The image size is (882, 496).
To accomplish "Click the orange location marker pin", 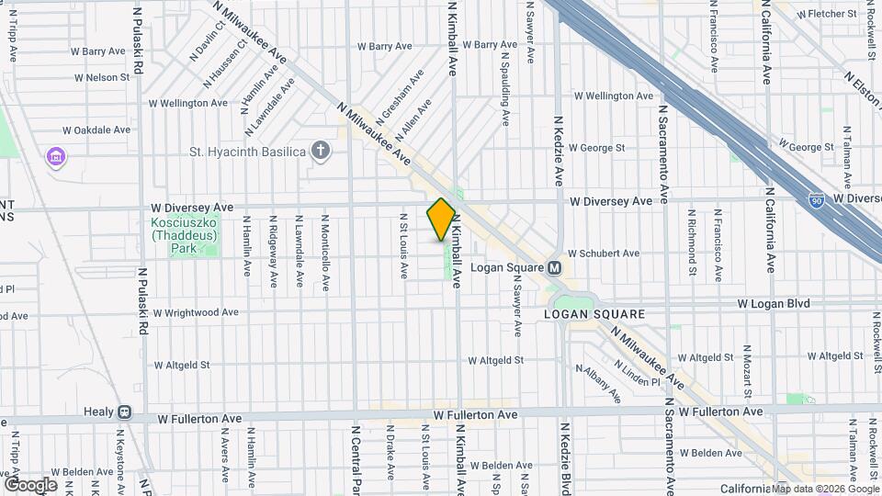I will coord(441,219).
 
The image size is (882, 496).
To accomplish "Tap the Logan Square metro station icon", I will coord(555,268).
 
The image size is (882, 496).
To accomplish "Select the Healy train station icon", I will coord(122,412).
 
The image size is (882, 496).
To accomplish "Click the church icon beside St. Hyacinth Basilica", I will coord(320,151).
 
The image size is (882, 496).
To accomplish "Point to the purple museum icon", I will coord(56,157).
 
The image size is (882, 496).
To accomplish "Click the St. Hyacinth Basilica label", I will coord(246,152).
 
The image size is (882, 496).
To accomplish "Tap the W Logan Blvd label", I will coord(773,303).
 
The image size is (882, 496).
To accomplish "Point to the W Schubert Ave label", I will coord(603,253).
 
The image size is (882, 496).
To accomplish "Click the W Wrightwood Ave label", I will coord(196,312).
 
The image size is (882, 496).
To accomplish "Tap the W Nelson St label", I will coord(101,77).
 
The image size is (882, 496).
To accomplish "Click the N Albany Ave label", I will coord(598,383).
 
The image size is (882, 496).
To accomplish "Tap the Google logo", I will coord(30,484).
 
